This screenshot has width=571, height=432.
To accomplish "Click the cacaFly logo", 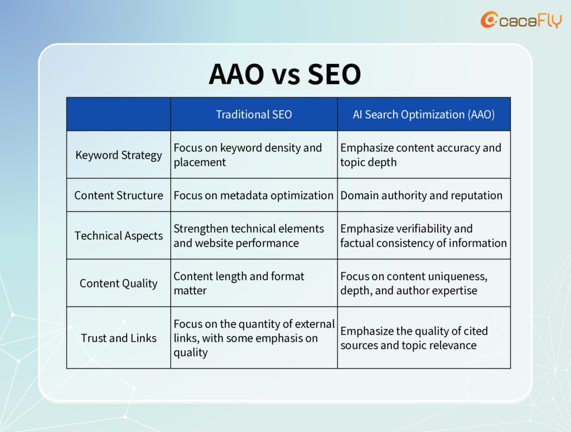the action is click(x=521, y=19).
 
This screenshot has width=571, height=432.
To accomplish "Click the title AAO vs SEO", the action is click(x=285, y=74).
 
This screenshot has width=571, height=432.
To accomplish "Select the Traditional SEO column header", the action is click(x=254, y=115).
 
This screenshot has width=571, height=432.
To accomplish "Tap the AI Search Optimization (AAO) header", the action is click(x=424, y=115).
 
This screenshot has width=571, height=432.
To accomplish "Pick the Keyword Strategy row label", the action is click(x=119, y=155).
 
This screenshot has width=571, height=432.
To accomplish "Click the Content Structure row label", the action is click(x=119, y=195).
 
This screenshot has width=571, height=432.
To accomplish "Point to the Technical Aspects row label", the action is click(x=119, y=235).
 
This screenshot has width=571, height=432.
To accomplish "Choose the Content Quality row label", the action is click(x=119, y=283).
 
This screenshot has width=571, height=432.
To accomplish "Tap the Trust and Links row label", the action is click(x=119, y=338).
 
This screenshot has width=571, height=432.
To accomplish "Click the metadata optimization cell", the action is click(x=254, y=195).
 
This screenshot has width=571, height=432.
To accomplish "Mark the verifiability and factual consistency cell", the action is click(x=424, y=235).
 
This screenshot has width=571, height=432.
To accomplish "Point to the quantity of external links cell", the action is click(x=254, y=338).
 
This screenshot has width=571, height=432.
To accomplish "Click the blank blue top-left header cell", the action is click(x=119, y=114).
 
